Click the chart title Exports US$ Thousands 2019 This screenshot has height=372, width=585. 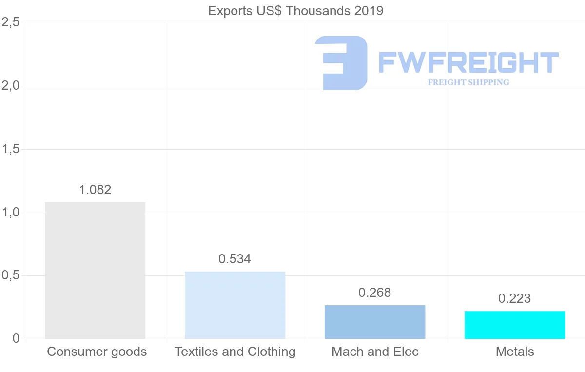tap(295, 11)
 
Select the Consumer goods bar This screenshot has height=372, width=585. tap(95, 271)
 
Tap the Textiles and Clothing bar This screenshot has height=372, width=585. tap(235, 305)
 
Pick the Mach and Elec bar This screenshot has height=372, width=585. tap(375, 322)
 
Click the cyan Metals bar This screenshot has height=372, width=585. tap(515, 325)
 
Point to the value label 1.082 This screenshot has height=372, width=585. tap(95, 190)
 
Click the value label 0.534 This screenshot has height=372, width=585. tap(235, 259)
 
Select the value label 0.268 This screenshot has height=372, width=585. tap(375, 293)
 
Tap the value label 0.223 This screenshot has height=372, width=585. tap(515, 298)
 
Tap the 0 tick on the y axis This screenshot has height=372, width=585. tap(16, 339)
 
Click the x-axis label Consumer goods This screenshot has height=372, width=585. tap(97, 352)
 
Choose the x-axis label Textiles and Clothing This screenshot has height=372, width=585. tap(235, 352)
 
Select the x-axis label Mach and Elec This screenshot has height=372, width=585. tap(375, 352)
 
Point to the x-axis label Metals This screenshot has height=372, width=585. tap(515, 352)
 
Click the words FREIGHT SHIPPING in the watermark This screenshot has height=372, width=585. tap(468, 82)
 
